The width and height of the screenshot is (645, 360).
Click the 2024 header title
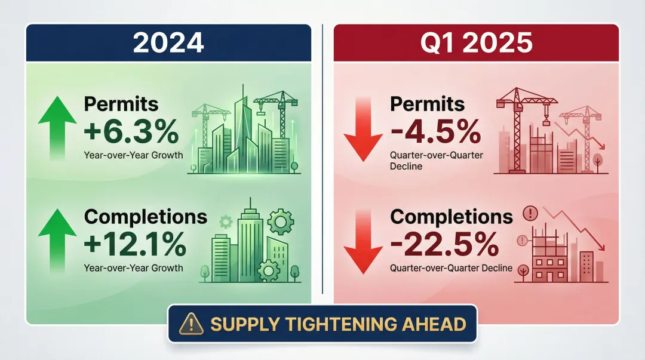[x=168, y=43]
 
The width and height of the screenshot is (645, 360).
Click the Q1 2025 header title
[x=476, y=43]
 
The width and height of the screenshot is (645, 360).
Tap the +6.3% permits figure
[x=131, y=133]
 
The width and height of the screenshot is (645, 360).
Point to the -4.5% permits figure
[x=435, y=133]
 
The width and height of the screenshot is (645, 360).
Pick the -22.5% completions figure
[x=445, y=244]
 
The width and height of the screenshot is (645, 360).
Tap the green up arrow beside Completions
[x=57, y=239]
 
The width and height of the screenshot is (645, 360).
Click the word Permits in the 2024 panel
[x=121, y=104]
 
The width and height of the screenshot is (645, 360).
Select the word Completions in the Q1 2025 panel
[x=451, y=217]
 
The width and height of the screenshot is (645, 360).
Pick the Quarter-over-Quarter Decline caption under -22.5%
[x=451, y=268]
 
